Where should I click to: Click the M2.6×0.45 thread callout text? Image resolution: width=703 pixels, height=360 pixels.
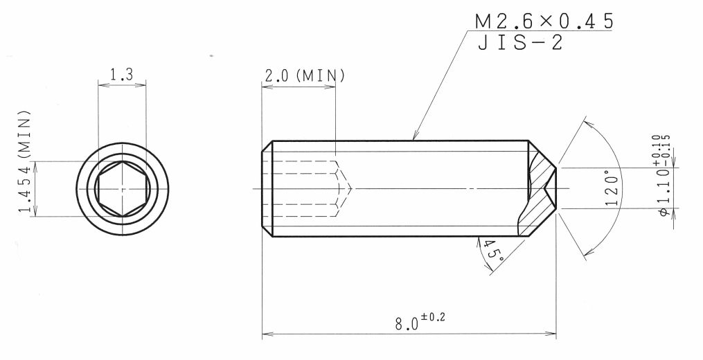[x=544, y=21]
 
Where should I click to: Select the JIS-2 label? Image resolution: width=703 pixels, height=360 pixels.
[x=519, y=43]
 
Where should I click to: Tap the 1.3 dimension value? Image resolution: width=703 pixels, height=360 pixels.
[x=122, y=74]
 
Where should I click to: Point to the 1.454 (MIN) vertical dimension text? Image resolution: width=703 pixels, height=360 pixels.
[x=25, y=162]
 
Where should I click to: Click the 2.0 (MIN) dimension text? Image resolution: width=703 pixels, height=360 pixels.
[x=305, y=75]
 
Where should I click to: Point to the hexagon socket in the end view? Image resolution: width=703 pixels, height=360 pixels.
[x=123, y=189]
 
